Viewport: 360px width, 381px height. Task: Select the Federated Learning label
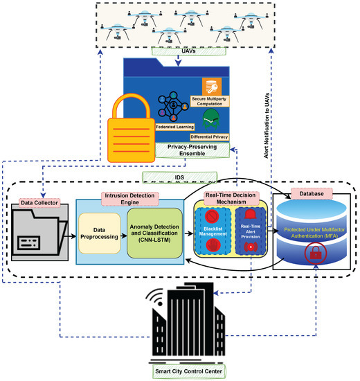coord(153,128)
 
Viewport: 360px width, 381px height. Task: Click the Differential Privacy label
coord(209,136)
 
